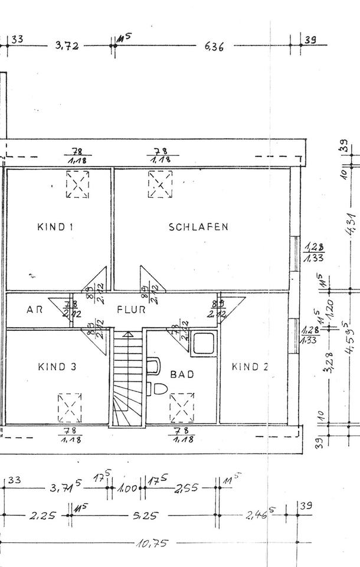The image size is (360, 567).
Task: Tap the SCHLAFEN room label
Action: (198, 227)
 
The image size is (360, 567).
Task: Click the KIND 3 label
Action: (57, 367)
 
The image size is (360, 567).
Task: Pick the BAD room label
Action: (182, 374)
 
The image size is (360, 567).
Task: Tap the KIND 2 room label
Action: (250, 367)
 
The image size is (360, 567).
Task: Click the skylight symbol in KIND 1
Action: (77, 184)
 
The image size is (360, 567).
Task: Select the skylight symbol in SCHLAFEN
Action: (160, 184)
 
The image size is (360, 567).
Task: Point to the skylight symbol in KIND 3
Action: (70, 408)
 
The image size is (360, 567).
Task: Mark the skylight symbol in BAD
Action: (181, 408)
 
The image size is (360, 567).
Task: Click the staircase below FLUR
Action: (127, 378)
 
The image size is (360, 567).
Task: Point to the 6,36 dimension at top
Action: (214, 47)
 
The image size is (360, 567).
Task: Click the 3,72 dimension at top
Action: (67, 46)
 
